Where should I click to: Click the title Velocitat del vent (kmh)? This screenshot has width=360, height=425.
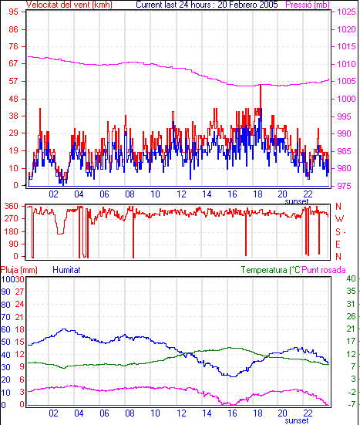69,5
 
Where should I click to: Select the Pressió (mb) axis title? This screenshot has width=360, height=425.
308,5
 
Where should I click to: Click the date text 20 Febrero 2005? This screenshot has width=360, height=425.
248,5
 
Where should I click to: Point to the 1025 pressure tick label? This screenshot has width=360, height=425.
346,12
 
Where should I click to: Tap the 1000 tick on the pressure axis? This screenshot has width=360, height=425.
346,99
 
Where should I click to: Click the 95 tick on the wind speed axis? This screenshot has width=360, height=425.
13,12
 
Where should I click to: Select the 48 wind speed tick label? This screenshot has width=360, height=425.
13,99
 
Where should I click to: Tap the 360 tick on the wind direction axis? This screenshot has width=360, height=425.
11,206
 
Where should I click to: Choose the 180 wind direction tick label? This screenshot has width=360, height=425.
11,231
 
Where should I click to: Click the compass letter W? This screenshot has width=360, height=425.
339,218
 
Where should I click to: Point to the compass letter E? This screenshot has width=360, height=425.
338,245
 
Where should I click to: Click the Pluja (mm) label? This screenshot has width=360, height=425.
19,270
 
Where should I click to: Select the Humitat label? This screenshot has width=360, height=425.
66,270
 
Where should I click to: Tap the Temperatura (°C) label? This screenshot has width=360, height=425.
271,270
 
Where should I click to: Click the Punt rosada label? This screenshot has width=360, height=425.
324,270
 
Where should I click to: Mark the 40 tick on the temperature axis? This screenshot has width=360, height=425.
351,278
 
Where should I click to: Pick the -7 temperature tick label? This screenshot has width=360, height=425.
352,404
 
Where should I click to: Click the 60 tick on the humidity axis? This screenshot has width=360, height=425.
5,329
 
